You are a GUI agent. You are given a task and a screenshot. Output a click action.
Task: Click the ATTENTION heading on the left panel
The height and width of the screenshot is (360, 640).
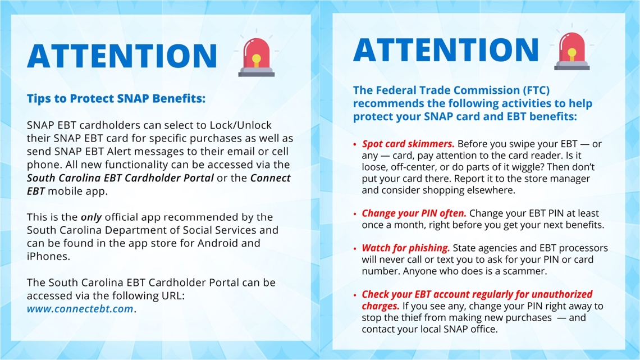coord(122,55)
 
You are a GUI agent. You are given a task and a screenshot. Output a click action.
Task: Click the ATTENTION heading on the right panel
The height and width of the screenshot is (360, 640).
coord(446,49)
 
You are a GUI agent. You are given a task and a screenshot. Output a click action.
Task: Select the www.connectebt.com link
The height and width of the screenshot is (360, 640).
coord(80,309)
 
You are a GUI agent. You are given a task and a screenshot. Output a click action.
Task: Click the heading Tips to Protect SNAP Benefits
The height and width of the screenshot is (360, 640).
coord(116,99)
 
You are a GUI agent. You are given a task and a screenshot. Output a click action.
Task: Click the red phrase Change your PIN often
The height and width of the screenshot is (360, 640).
coord(414,213)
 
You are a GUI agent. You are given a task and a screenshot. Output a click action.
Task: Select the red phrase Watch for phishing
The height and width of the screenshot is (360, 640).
coord(406,248)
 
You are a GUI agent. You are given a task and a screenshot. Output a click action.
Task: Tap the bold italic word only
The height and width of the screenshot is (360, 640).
coord(92,217)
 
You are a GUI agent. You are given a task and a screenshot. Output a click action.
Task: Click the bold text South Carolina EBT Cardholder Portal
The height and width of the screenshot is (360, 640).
coord(120,178)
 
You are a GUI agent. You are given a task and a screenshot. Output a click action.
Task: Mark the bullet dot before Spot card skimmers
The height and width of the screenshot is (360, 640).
coord(355,145)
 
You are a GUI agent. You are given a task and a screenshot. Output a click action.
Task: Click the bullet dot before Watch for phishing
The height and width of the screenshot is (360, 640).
coord(355,249)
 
